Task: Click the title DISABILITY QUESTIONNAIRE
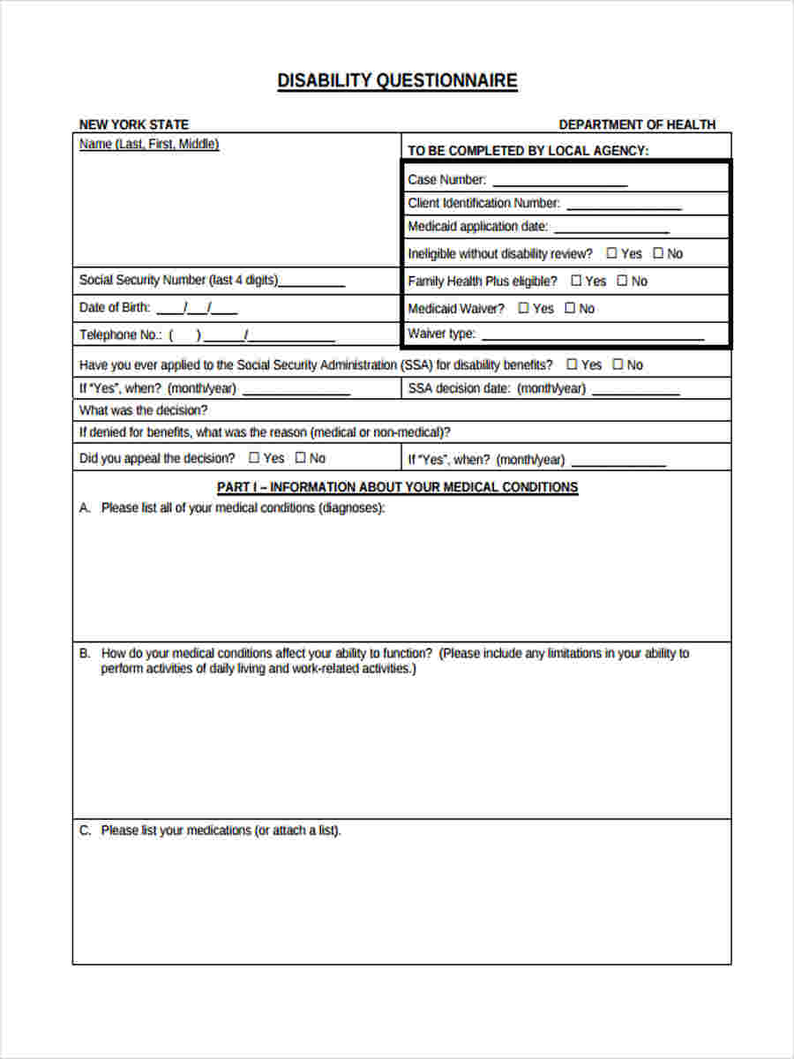397,81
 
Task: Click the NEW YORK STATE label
134,124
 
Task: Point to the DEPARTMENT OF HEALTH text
637,124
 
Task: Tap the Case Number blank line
559,184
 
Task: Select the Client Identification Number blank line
624,207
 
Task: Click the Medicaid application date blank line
611,230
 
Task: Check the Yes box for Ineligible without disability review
612,253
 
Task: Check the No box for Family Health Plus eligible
622,281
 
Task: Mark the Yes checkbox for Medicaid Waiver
523,308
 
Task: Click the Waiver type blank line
593,337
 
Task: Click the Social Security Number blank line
311,284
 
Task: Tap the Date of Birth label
115,308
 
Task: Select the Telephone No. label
121,334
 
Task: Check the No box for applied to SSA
618,364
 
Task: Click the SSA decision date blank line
635,393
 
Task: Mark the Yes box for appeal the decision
254,458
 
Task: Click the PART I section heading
397,487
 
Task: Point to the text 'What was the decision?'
144,410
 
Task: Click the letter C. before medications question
85,830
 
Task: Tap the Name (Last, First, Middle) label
149,144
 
